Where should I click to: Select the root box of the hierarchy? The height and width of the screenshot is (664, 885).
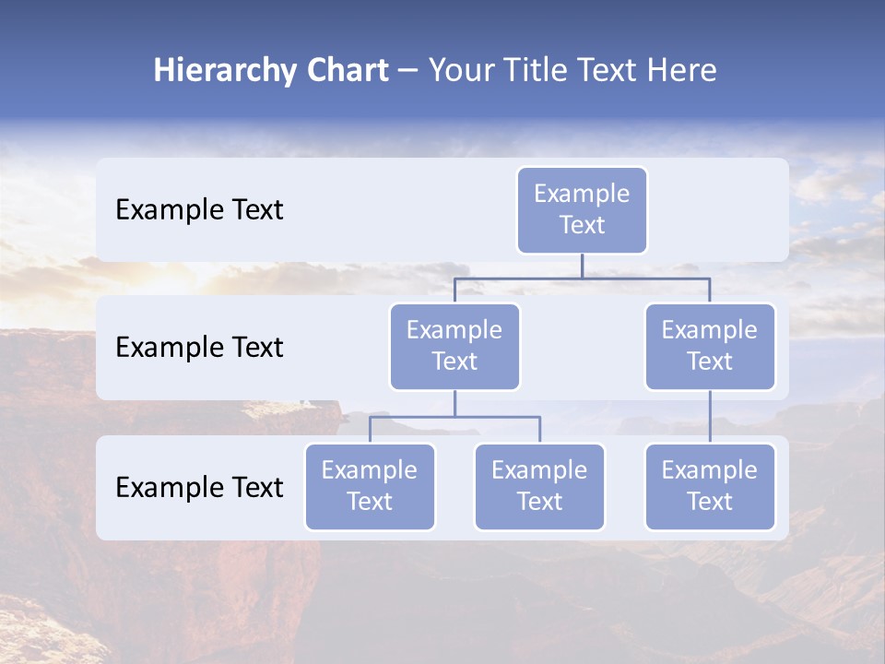click(x=582, y=210)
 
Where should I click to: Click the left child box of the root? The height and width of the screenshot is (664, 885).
click(x=454, y=347)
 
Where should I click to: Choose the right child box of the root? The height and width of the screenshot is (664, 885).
click(x=710, y=347)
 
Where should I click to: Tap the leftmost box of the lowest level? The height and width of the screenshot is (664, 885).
click(x=370, y=487)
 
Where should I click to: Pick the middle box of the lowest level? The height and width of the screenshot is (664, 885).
click(x=539, y=487)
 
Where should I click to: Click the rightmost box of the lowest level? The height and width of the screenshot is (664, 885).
click(x=710, y=487)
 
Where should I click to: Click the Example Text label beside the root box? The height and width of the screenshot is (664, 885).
click(x=199, y=210)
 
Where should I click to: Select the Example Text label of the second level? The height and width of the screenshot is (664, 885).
click(x=199, y=348)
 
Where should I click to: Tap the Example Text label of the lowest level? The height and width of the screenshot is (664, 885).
click(x=199, y=487)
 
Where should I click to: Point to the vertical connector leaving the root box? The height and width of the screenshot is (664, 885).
click(x=582, y=266)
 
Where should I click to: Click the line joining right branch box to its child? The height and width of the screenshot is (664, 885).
click(x=710, y=417)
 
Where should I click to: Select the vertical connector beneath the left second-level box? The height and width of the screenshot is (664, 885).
click(x=454, y=403)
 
